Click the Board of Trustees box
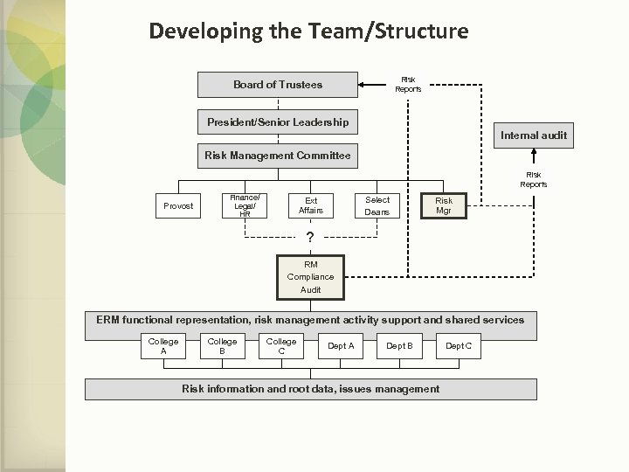pos(278,85)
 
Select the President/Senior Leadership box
pos(278,121)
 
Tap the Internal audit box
pos(533,135)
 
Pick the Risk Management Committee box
pos(278,156)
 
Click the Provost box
pos(178,206)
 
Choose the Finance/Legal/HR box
pos(244,205)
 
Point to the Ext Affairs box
pos(310,205)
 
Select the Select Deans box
pos(377,205)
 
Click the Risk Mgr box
pos(444,205)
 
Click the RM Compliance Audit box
pos(310,277)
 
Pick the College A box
pos(163,346)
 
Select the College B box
pos(222,346)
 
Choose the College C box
pos(280,346)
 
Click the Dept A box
pos(340,346)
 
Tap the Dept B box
pos(399,346)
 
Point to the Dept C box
pos(458,346)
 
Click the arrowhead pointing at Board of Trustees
pos(363,85)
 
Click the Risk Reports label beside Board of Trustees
pos(408,84)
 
